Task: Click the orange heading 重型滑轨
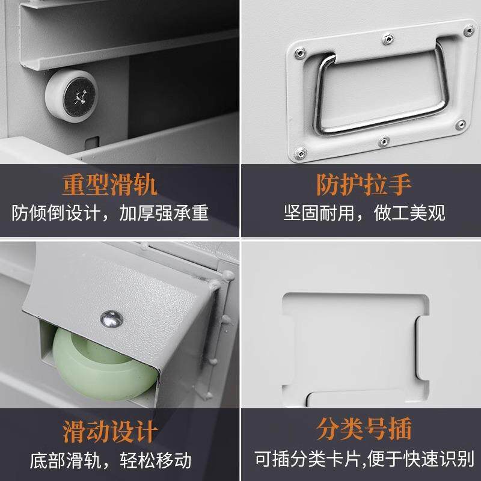[x=109, y=185]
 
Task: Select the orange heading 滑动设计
[x=111, y=431]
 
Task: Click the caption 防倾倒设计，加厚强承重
[x=111, y=213]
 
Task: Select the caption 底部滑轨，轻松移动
[x=111, y=461]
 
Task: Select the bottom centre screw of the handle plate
[x=383, y=142]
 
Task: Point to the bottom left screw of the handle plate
[x=299, y=153]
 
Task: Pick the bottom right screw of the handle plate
[x=461, y=125]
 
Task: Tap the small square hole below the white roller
[x=91, y=144]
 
